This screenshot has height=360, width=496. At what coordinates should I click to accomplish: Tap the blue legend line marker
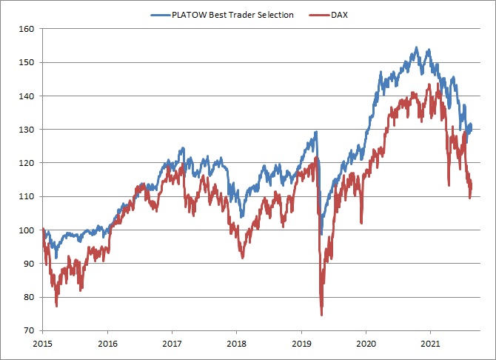click(161, 14)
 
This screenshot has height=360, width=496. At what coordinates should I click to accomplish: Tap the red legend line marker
click(319, 14)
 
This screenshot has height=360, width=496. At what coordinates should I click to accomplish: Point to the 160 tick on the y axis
click(27, 29)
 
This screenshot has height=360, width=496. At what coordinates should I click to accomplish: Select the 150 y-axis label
click(27, 62)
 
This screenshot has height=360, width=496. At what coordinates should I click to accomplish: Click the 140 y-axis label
click(27, 96)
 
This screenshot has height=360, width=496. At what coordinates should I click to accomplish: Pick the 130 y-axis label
click(27, 129)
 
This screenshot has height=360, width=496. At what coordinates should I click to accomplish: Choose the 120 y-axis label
click(27, 162)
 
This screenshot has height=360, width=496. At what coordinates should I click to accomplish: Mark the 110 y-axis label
click(27, 196)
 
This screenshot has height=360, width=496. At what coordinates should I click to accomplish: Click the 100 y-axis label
click(27, 230)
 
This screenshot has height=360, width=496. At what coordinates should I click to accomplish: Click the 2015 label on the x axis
click(43, 344)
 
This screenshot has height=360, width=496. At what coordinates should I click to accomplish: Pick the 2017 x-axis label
click(172, 344)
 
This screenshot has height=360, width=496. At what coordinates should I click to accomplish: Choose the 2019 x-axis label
click(301, 344)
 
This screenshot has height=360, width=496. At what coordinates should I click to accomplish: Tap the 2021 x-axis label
click(430, 344)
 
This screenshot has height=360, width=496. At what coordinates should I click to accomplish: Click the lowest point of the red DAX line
click(322, 315)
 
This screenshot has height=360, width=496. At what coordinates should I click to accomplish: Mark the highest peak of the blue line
click(417, 48)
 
